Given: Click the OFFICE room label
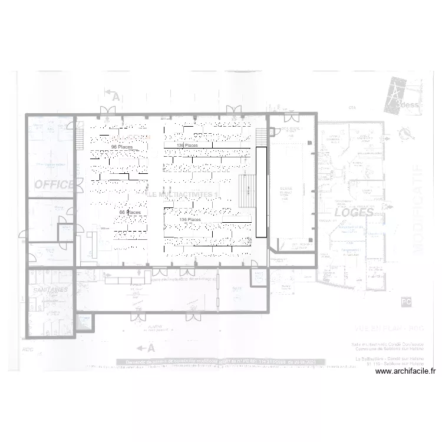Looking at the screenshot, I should pyautogui.click(x=54, y=184).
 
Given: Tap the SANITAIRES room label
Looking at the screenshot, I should pyautogui.click(x=50, y=291).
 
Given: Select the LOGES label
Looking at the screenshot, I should pyautogui.click(x=354, y=213).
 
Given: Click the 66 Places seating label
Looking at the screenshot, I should pyautogui.click(x=129, y=212).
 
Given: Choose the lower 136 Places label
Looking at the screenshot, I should pyautogui.click(x=190, y=219).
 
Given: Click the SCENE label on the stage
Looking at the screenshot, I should pyautogui.click(x=286, y=190).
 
